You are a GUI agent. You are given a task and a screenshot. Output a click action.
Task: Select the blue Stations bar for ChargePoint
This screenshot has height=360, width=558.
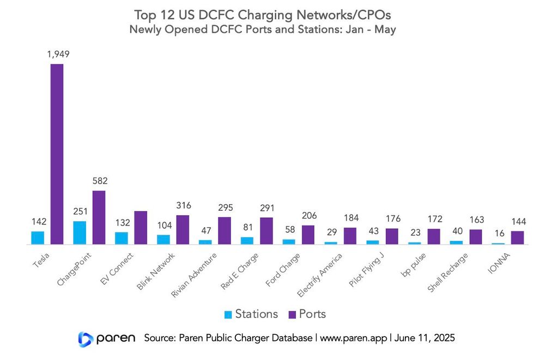(x=80, y=233)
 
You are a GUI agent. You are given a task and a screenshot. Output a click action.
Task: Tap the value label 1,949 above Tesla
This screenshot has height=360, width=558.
(x=57, y=54)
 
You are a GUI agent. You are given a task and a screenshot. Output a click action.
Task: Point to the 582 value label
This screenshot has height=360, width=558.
(x=99, y=181)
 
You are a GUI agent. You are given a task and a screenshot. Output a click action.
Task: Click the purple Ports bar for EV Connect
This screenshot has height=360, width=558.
(x=141, y=228)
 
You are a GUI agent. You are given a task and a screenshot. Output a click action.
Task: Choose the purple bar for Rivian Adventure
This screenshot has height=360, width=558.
(x=225, y=231)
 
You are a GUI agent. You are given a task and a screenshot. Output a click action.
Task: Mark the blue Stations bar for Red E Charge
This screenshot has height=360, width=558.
(x=247, y=240)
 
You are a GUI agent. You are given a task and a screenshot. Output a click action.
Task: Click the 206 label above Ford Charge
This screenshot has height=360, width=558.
(x=308, y=216)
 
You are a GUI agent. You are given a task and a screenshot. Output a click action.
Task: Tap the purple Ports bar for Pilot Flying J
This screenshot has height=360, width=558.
(x=392, y=236)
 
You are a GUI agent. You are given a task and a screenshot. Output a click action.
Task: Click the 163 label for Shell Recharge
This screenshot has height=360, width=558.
(x=476, y=220)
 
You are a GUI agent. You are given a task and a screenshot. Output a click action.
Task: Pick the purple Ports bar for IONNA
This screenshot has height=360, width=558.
(x=517, y=237)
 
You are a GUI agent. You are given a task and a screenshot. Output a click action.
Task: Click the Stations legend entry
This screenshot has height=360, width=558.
(x=251, y=314)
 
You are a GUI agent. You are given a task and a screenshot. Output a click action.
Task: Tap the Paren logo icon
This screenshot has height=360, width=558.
(x=86, y=339)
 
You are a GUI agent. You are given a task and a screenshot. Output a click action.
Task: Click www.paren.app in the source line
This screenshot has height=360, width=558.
(x=353, y=338)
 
